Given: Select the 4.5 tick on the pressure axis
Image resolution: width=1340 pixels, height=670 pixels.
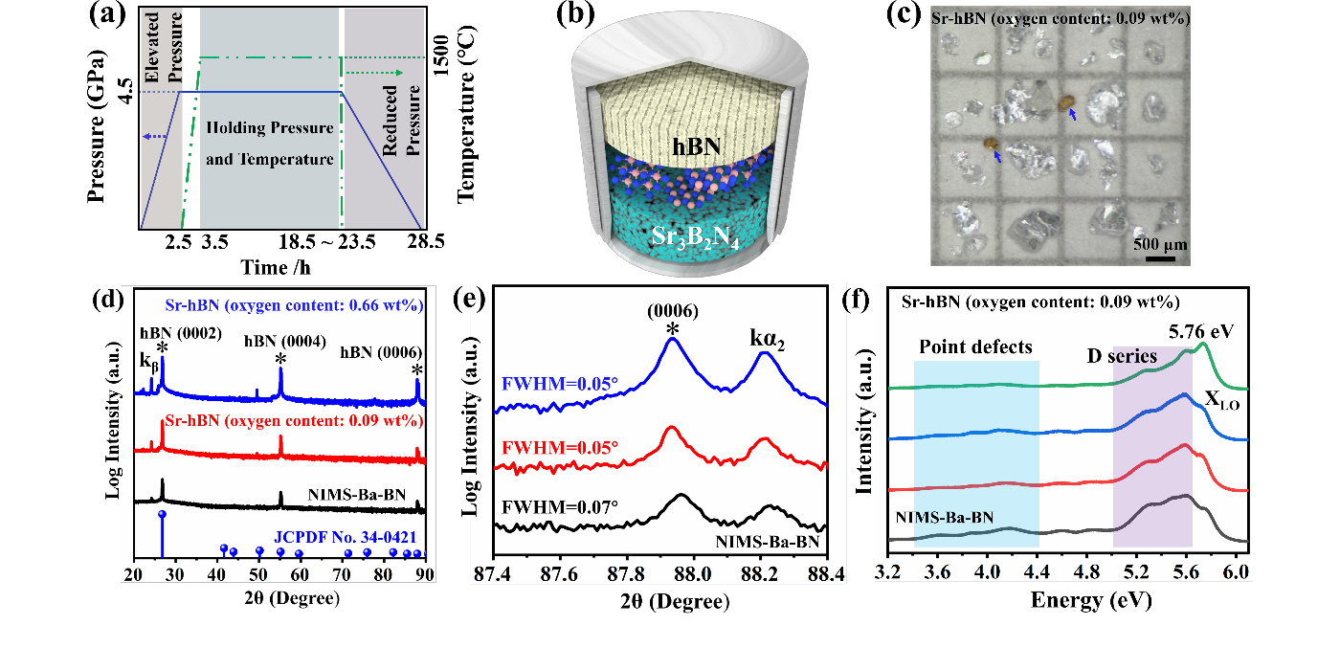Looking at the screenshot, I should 124,93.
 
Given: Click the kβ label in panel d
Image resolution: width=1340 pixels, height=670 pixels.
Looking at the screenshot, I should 148,363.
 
